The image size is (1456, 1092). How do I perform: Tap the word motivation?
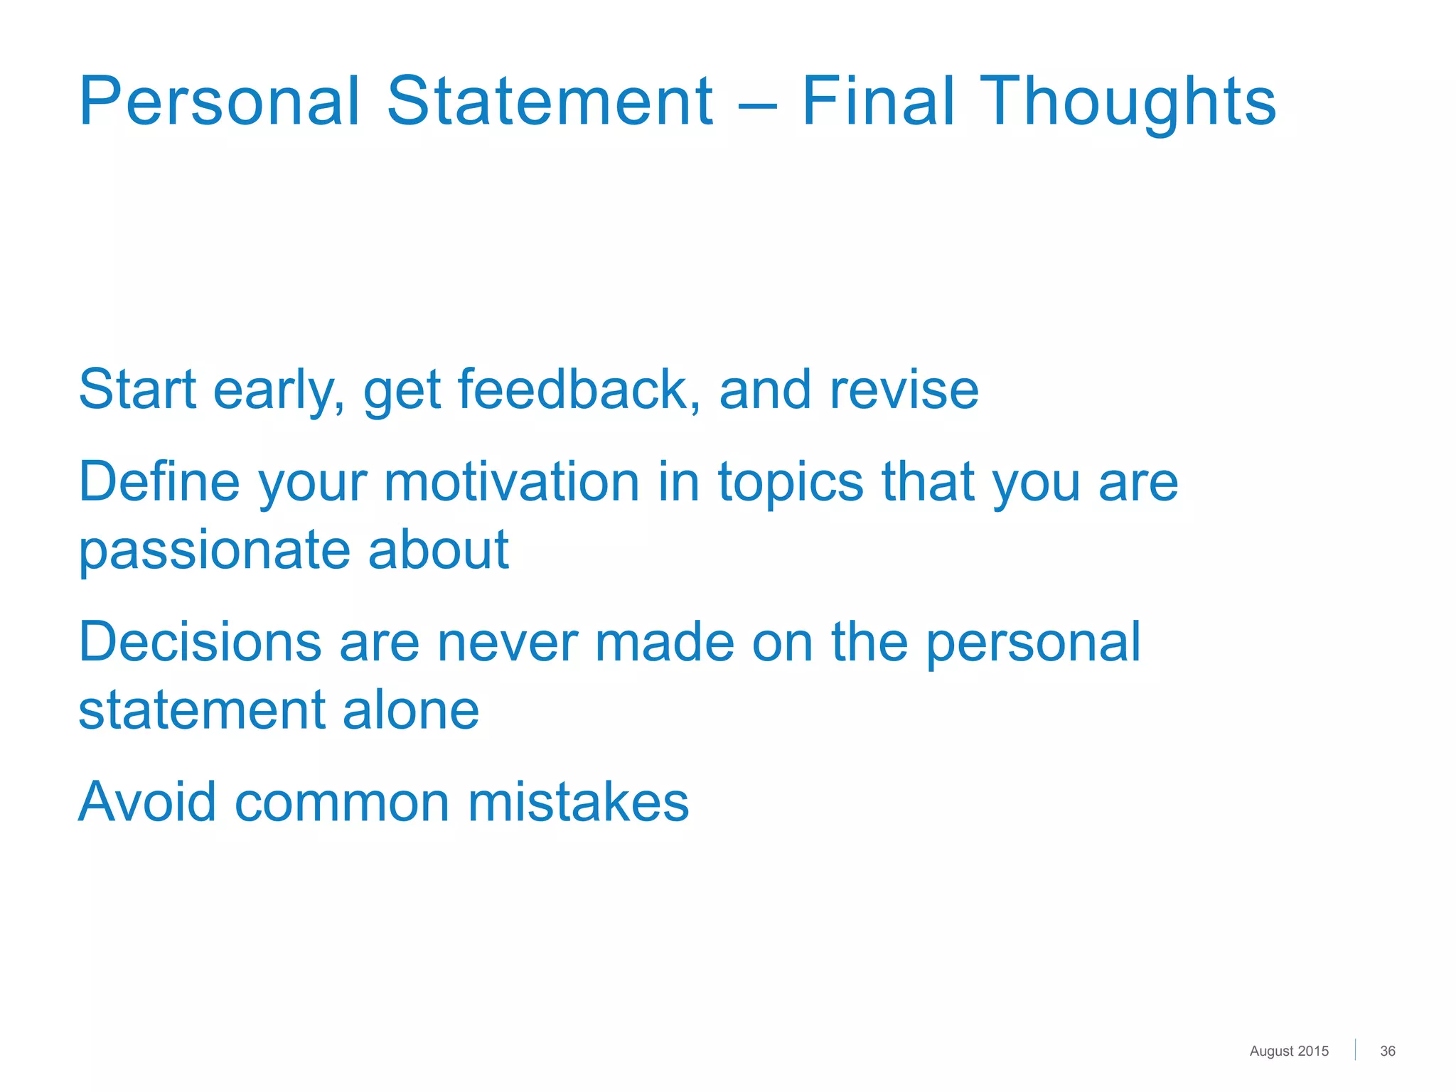[x=512, y=481]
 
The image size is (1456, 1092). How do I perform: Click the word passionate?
[x=214, y=551]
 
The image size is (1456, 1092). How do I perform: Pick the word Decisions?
[x=200, y=641]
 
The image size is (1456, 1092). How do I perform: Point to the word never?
[x=507, y=643]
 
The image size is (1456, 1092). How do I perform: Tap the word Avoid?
[x=146, y=801]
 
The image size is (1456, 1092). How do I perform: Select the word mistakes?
[x=578, y=801]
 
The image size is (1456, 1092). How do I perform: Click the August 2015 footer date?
[x=1288, y=1051]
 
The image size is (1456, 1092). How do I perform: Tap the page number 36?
[x=1387, y=1051]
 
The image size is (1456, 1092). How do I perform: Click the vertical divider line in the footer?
[x=1355, y=1049]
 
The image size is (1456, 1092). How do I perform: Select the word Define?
[x=159, y=481]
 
